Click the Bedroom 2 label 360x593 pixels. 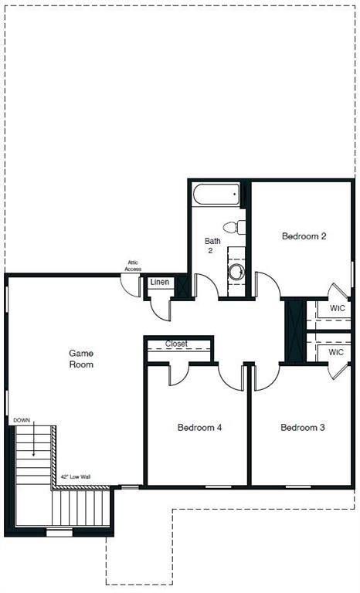(304, 236)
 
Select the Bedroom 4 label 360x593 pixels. (199, 427)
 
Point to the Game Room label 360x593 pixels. (81, 358)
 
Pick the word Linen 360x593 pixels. (160, 283)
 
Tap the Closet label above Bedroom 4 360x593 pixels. (176, 344)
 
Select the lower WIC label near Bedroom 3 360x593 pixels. (336, 352)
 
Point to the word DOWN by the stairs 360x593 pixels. (22, 421)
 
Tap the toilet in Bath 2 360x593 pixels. (233, 227)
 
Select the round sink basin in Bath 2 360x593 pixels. (236, 271)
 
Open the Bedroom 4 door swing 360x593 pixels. (178, 374)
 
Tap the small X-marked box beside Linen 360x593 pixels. (182, 286)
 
